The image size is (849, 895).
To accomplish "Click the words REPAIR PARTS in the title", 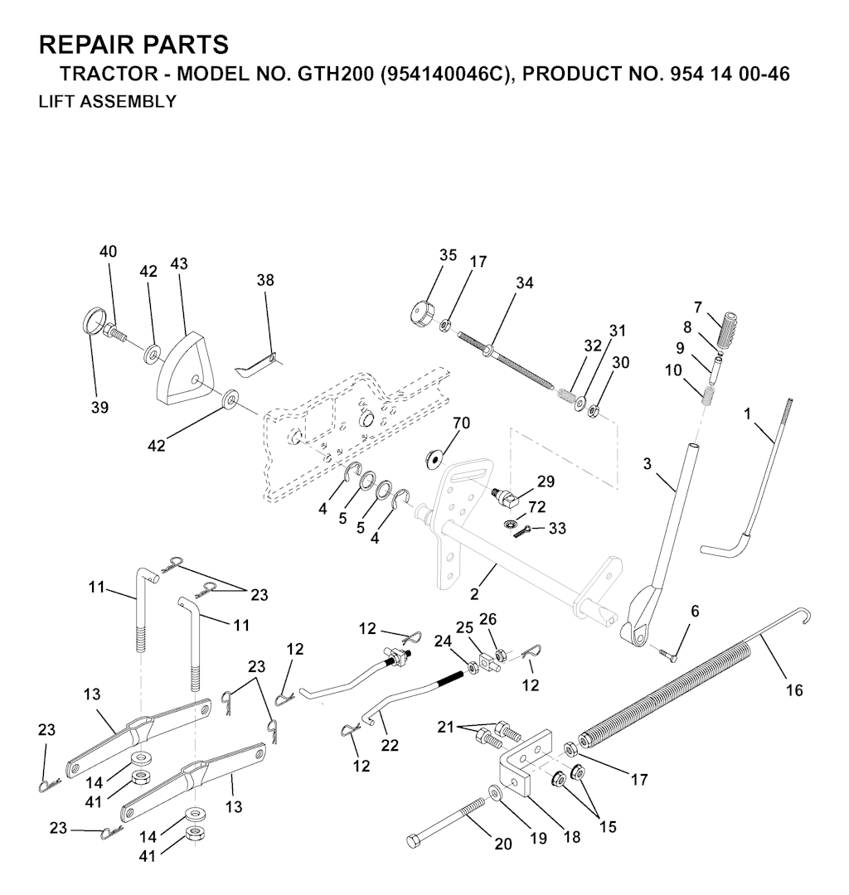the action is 133,44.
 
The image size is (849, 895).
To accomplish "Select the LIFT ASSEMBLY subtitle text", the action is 107,102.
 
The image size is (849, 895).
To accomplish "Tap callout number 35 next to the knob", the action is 449,255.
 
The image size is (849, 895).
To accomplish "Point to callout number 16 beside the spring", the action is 794,690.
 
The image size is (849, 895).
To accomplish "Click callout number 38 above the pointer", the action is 265,280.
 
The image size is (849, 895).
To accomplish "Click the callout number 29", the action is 546,481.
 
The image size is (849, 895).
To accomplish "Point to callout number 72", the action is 536,506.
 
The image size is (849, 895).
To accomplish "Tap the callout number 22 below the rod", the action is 390,745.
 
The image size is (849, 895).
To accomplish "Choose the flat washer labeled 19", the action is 494,792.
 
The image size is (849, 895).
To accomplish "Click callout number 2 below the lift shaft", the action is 474,593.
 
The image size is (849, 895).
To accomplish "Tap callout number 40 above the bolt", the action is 108,251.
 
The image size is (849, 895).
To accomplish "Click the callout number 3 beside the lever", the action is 647,463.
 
